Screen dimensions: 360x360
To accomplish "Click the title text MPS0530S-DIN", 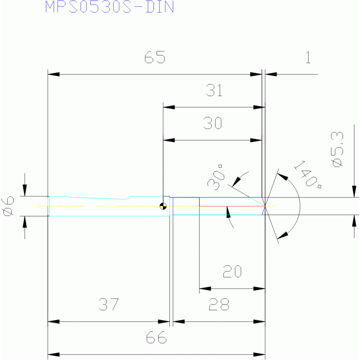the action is point(109,7).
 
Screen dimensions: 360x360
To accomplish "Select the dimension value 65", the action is point(155,57).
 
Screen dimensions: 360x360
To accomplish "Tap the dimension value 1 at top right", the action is point(308,57).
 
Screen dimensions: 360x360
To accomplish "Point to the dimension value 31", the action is point(214,90).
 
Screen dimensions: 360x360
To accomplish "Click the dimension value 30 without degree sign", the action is point(213,123).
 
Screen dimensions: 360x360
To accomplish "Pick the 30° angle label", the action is point(216,177).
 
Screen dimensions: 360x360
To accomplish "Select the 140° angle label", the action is point(308,175).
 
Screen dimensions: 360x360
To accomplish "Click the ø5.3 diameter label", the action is point(337,149).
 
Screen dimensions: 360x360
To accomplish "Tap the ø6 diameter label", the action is point(8,206).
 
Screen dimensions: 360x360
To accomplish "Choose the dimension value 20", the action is point(232,271).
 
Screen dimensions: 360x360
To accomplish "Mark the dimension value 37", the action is point(109,304).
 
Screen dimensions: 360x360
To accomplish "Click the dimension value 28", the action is point(219,304).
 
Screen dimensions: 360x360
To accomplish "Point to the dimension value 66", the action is point(156,337).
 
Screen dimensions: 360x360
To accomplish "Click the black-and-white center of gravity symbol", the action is point(163,206).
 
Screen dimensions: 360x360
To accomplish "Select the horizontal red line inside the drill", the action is point(232,206).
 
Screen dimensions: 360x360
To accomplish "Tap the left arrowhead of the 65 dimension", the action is point(54,74).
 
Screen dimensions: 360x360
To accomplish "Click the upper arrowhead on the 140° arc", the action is point(283,176).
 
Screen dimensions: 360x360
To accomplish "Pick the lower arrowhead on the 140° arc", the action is point(283,235).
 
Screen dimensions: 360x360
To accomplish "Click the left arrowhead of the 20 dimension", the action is point(205,289).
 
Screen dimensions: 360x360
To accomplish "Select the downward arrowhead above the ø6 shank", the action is point(25,191).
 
